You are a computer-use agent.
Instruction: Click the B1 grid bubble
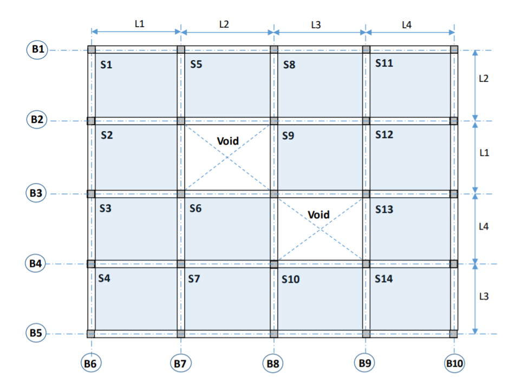coord(37,50)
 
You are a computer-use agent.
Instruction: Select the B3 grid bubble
coord(37,193)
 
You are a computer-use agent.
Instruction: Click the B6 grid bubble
coord(92,363)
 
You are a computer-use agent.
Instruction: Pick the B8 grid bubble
coord(273,363)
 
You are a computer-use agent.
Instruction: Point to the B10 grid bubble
coord(454,363)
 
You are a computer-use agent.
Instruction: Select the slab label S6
coord(195,208)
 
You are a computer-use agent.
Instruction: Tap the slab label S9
coord(288,136)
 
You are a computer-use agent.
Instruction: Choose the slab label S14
coord(384,279)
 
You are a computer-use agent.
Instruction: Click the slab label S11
coord(384,63)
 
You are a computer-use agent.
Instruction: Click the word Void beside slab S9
coord(228,141)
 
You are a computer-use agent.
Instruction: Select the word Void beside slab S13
coord(318,214)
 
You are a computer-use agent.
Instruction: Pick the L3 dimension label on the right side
coord(484,297)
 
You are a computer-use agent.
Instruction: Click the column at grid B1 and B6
coord(92,50)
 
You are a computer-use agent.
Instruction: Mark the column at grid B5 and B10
coord(454,334)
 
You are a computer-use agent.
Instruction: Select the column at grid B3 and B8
coord(274,193)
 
